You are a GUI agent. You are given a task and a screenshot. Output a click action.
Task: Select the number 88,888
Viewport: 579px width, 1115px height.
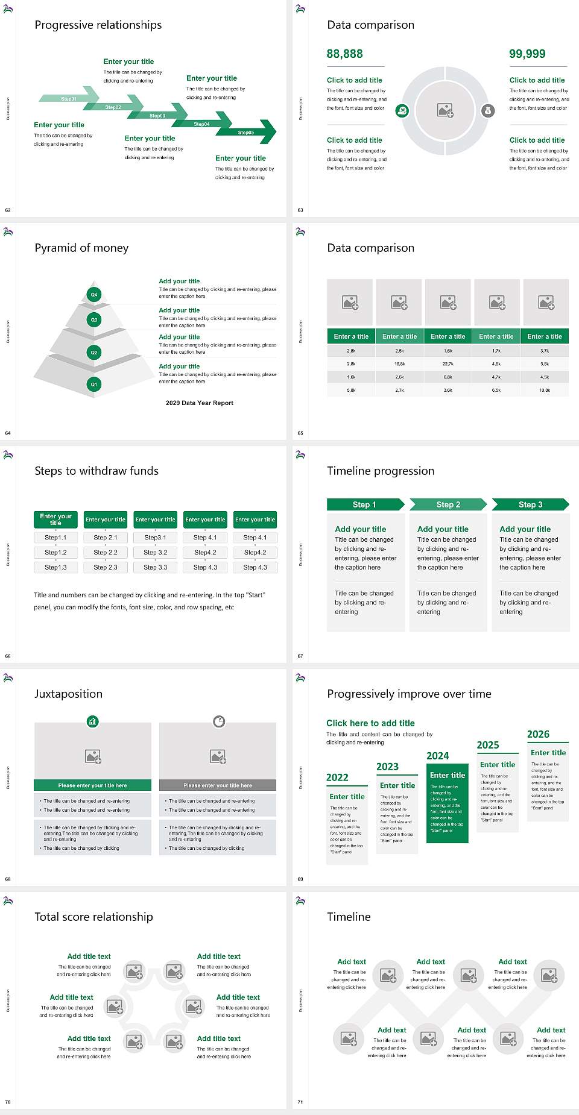point(344,54)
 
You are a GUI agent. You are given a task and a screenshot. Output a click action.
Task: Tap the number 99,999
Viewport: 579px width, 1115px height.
point(527,54)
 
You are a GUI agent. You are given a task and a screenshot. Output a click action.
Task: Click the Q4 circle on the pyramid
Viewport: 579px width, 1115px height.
point(94,295)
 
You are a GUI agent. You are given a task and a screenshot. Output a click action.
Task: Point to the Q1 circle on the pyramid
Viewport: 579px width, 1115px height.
point(94,384)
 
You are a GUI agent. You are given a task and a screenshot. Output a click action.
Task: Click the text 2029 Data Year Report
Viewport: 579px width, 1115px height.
point(200,403)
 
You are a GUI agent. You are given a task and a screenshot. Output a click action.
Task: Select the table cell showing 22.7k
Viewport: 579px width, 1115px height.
point(448,364)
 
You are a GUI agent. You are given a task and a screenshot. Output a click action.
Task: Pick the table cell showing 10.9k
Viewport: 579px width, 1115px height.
point(545,391)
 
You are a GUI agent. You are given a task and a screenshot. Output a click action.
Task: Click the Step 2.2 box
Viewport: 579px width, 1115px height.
point(106,552)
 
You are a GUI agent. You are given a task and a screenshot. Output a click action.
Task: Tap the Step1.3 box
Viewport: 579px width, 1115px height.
point(55,567)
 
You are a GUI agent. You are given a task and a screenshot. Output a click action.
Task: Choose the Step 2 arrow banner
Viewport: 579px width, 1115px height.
point(448,504)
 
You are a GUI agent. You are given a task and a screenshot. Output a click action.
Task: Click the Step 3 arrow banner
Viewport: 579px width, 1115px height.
point(531,504)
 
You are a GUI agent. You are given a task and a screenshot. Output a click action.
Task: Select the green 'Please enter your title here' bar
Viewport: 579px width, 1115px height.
point(92,785)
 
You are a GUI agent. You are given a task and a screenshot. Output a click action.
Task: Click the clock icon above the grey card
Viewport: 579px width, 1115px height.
point(219,721)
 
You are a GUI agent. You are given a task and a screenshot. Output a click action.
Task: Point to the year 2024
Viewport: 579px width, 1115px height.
point(438,756)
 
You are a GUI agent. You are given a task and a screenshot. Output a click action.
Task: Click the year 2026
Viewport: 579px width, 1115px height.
point(538,734)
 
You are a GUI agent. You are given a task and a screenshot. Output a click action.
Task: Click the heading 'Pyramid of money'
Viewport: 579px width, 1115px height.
point(81,248)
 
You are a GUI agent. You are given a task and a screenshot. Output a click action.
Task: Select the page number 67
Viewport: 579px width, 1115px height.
point(300,656)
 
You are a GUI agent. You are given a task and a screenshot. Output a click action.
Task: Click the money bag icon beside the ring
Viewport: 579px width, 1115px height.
point(488,110)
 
